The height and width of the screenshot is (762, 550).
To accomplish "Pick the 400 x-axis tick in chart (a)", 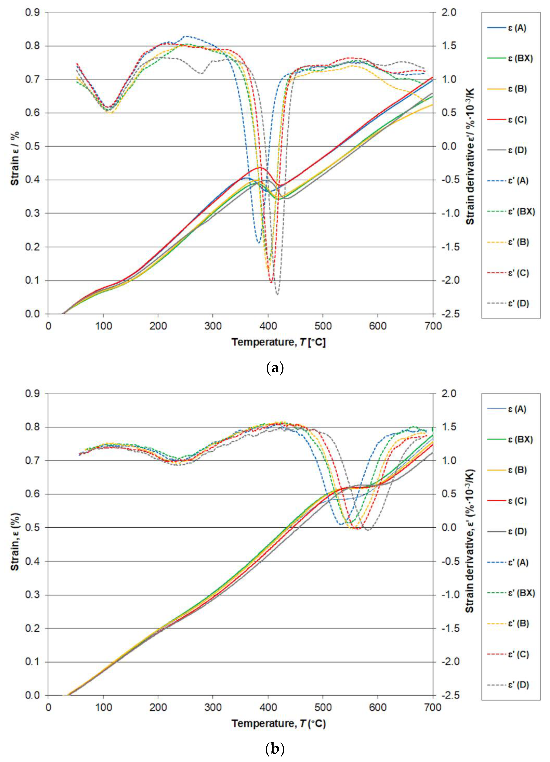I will [x=268, y=326].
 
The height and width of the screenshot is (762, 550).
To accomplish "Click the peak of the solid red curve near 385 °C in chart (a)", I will [x=260, y=167].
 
